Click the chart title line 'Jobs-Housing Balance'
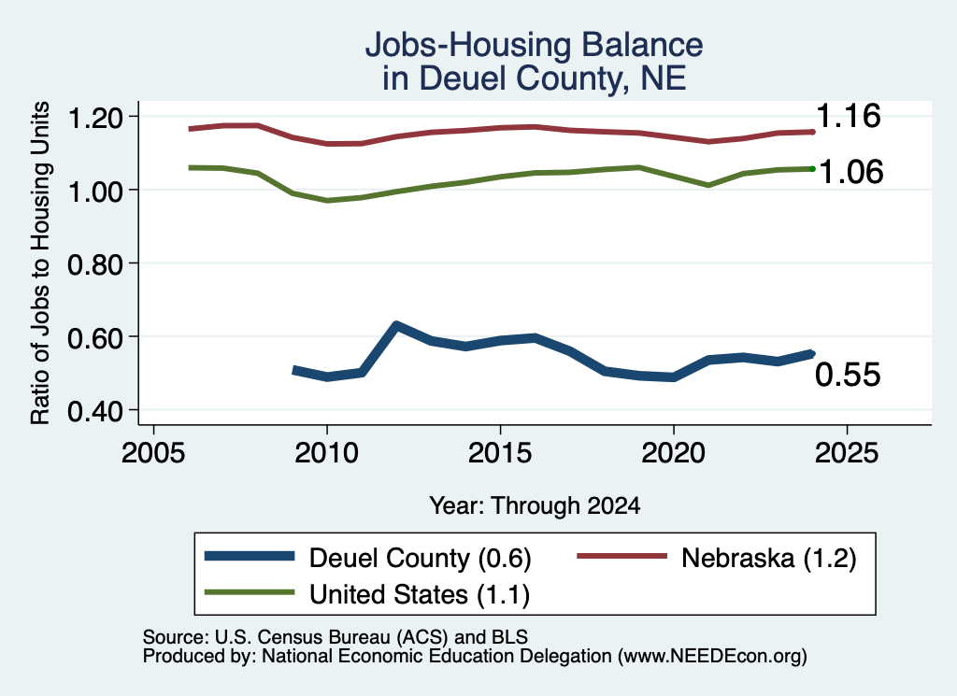534,45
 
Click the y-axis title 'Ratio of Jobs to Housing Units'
40,263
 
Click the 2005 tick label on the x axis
153,453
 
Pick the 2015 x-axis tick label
500,453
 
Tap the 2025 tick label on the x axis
847,453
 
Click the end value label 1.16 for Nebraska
849,116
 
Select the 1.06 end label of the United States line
850,172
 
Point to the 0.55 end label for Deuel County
848,375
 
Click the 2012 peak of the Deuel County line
396,325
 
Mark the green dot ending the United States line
812,169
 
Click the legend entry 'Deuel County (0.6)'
368,558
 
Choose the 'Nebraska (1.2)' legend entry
717,558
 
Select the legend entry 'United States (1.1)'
367,594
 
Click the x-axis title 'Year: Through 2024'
535,505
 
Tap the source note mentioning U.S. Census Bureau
336,637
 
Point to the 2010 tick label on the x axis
326,453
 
